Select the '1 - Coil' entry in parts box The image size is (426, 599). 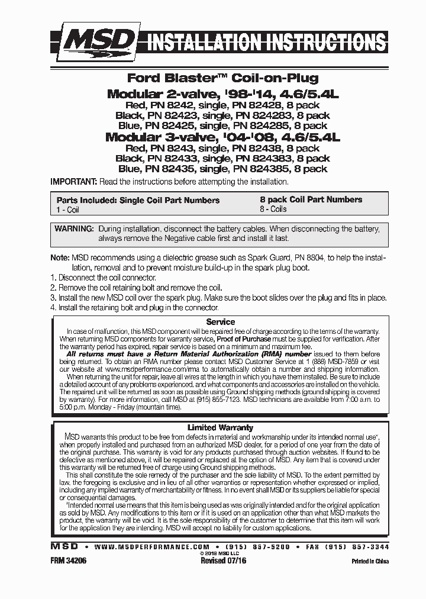(x=68, y=210)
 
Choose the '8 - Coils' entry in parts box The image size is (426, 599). (x=273, y=209)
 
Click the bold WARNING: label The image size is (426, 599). (x=74, y=228)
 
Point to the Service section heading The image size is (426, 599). (x=220, y=321)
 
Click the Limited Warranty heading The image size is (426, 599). (x=220, y=427)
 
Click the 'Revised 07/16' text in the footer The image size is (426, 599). (x=223, y=560)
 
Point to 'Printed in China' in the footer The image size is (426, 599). (x=369, y=561)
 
